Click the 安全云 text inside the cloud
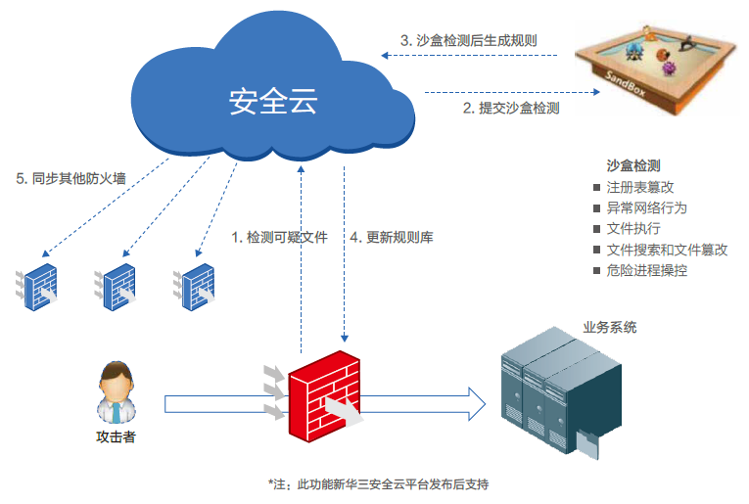click(x=273, y=101)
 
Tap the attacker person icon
click(x=115, y=391)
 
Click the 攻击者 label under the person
click(x=115, y=436)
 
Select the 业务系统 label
click(x=609, y=328)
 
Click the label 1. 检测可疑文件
click(x=279, y=238)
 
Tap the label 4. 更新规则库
click(x=392, y=238)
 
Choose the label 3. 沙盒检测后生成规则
click(x=469, y=41)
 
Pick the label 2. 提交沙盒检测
click(x=510, y=109)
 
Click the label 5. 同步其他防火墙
click(x=71, y=179)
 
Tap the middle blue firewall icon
click(x=117, y=286)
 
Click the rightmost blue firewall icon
click(x=195, y=286)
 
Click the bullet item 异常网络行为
click(x=646, y=207)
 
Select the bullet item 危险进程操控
click(x=646, y=270)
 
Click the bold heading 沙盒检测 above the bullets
click(x=633, y=165)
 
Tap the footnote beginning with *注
click(x=378, y=484)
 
